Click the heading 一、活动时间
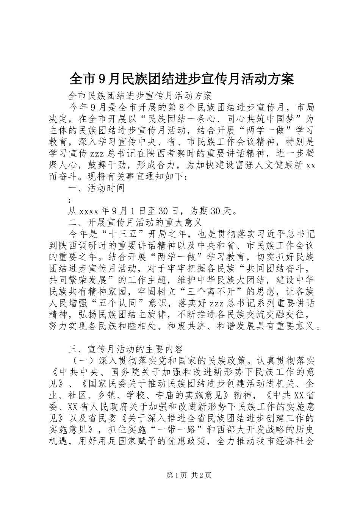[x=96, y=188]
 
